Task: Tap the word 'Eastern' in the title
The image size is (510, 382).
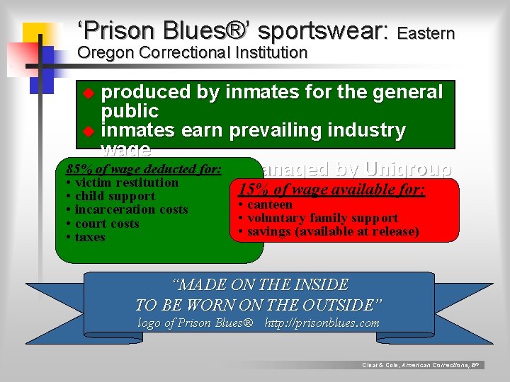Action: [426, 33]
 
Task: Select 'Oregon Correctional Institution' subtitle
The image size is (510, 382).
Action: [192, 52]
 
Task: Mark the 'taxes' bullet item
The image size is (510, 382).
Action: [89, 237]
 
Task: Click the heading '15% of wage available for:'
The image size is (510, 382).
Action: [331, 190]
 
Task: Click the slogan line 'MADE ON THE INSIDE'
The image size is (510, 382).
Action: [261, 285]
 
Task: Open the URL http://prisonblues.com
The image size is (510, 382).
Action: [322, 323]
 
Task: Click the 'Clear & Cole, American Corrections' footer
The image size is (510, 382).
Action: [421, 365]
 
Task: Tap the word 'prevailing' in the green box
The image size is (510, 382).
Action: [284, 131]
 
